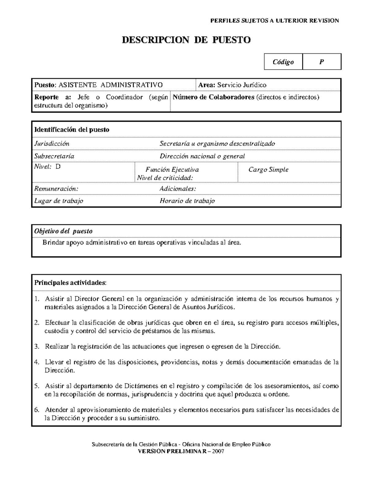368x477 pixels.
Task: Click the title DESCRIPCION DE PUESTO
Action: pos(186,40)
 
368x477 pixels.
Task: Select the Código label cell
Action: pos(283,62)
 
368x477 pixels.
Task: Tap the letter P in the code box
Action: pos(321,62)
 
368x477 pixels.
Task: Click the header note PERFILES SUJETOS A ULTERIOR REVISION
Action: pos(274,21)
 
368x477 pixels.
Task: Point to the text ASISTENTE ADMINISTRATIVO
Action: pos(110,85)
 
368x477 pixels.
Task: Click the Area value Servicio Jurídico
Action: pos(242,85)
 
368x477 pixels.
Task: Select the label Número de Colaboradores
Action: pos(213,97)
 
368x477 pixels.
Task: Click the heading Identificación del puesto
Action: pos(72,130)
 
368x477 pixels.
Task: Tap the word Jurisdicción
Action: pos(52,144)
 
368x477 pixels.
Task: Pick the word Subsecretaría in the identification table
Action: pos(54,156)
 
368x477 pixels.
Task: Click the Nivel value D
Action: pos(58,167)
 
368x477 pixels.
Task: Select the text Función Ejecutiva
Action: pos(172,170)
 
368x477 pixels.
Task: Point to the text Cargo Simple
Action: pos(268,170)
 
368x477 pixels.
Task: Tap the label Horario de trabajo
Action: pos(187,201)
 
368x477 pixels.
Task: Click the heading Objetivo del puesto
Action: pos(63,231)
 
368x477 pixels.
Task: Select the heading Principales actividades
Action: pos(71,283)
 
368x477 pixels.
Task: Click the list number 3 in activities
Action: pos(37,346)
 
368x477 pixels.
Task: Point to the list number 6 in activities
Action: pos(37,410)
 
